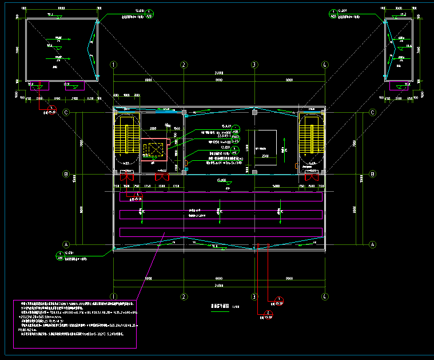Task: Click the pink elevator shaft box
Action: pyautogui.click(x=154, y=151)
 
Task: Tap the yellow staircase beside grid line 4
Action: pyautogui.click(x=311, y=139)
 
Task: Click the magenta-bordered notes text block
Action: pyautogui.click(x=75, y=323)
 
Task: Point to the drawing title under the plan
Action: pyautogui.click(x=220, y=307)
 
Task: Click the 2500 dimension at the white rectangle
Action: pyautogui.click(x=264, y=156)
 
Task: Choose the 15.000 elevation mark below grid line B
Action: pyautogui.click(x=221, y=181)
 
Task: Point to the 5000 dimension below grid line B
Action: pyautogui.click(x=276, y=187)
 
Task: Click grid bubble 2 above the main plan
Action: pyautogui.click(x=184, y=65)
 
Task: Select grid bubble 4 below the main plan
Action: pyautogui.click(x=324, y=296)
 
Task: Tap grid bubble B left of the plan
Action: pyautogui.click(x=66, y=174)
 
